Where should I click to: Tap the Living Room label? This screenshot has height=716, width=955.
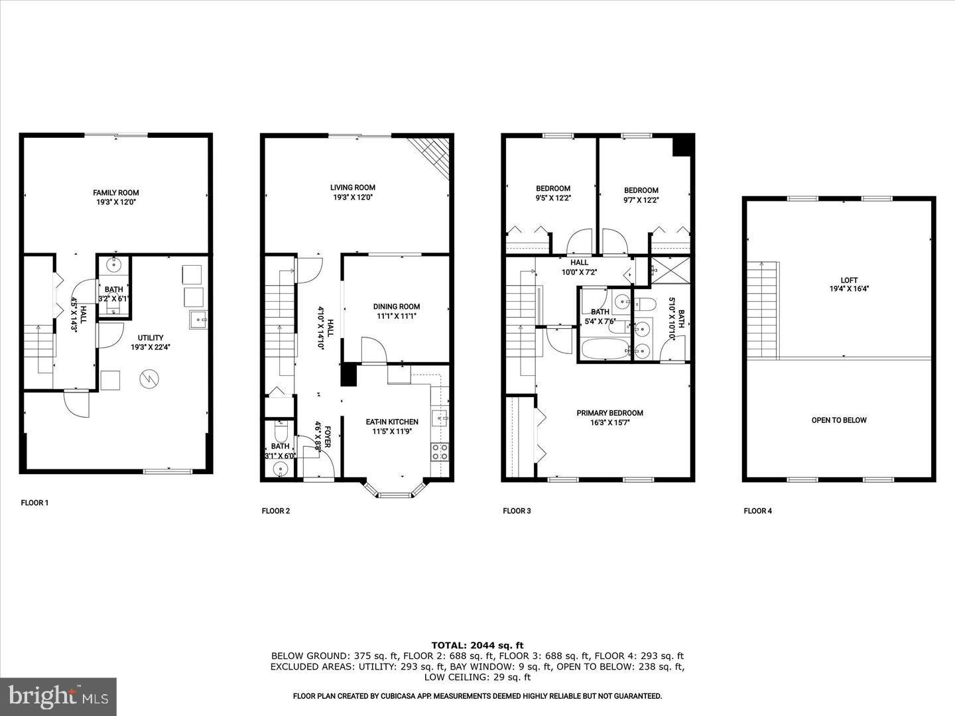[x=353, y=192]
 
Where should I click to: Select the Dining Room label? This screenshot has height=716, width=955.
[x=397, y=311]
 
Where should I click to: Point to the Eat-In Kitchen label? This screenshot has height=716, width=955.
[x=392, y=426]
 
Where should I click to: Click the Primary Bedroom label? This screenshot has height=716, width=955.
[x=609, y=418]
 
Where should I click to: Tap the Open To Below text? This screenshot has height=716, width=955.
[x=839, y=420]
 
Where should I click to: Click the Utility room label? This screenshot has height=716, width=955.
[x=151, y=342]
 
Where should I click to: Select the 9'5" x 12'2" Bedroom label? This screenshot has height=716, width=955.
[x=553, y=193]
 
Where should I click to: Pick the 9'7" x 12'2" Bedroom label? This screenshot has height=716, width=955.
[x=641, y=195]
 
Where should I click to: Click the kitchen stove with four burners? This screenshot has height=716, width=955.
[x=440, y=451]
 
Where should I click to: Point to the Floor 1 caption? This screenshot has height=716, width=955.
[x=34, y=503]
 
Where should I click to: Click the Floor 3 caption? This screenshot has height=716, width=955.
[x=517, y=511]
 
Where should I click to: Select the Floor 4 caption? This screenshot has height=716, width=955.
[x=757, y=511]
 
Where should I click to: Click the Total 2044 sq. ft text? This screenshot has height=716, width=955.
[x=477, y=645]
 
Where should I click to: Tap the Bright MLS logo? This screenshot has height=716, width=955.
[x=58, y=696]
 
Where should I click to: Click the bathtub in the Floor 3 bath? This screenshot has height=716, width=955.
[x=605, y=349]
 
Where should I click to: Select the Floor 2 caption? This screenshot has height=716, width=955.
[x=276, y=511]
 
